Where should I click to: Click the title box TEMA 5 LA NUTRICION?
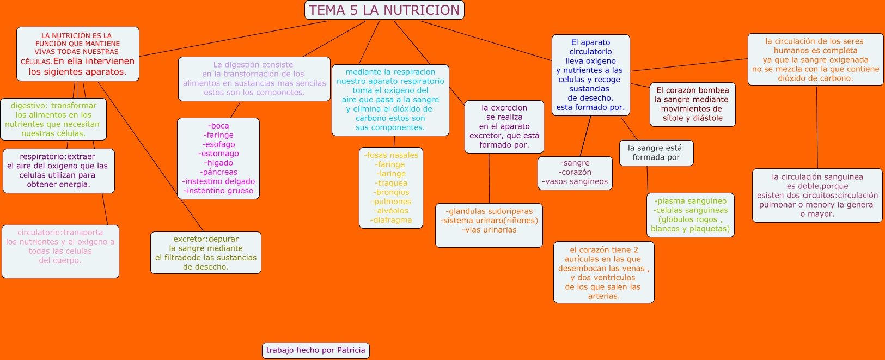384,10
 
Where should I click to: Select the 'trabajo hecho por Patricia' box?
315,350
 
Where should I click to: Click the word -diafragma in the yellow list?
391,220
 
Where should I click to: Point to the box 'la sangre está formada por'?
656,152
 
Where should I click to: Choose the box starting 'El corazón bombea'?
692,104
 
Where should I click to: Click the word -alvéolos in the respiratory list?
390,211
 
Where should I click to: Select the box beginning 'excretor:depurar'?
205,253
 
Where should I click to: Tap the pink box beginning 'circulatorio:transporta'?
60,251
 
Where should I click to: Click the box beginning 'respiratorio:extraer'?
58,170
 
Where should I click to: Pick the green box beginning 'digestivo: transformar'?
53,119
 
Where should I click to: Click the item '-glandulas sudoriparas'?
489,211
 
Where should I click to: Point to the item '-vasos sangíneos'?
575,181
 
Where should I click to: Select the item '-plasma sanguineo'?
690,201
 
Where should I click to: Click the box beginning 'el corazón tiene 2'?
603,272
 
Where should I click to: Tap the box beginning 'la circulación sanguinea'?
817,195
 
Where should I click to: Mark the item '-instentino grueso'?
218,191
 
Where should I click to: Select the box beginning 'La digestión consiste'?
254,79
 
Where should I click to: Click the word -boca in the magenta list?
218,126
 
